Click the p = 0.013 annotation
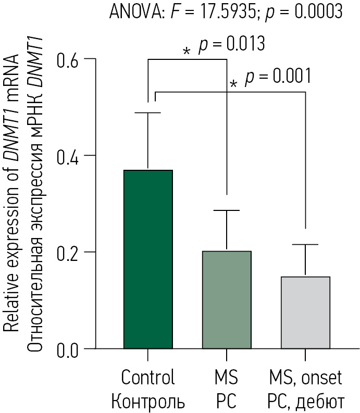232,44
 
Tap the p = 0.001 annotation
278,77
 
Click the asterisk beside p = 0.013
187,52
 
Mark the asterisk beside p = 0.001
233,84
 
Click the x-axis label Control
148,377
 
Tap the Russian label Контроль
148,402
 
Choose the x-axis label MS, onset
306,377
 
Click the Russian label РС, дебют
306,402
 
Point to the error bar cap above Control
148,112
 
